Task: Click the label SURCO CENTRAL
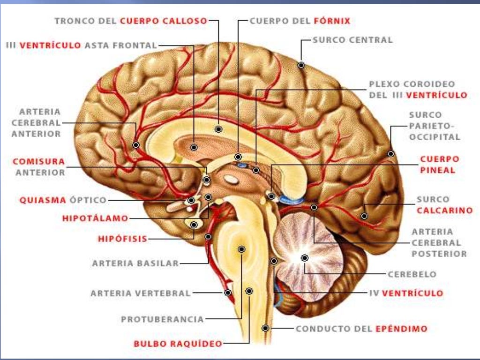352,40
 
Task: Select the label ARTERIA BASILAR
135,263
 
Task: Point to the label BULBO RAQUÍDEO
178,344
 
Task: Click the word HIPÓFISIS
122,239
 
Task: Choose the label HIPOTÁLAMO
95,218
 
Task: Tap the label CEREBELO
412,274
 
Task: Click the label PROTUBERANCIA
162,319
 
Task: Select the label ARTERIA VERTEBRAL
141,293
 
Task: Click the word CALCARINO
444,210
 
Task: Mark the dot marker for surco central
301,65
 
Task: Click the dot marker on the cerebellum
305,257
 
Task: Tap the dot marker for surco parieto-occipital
390,153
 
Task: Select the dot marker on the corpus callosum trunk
218,128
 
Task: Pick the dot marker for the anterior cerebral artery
136,145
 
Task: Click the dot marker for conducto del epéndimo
266,328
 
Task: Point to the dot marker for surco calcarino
364,216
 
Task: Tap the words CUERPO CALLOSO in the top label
164,21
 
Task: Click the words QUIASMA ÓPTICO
63,200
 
